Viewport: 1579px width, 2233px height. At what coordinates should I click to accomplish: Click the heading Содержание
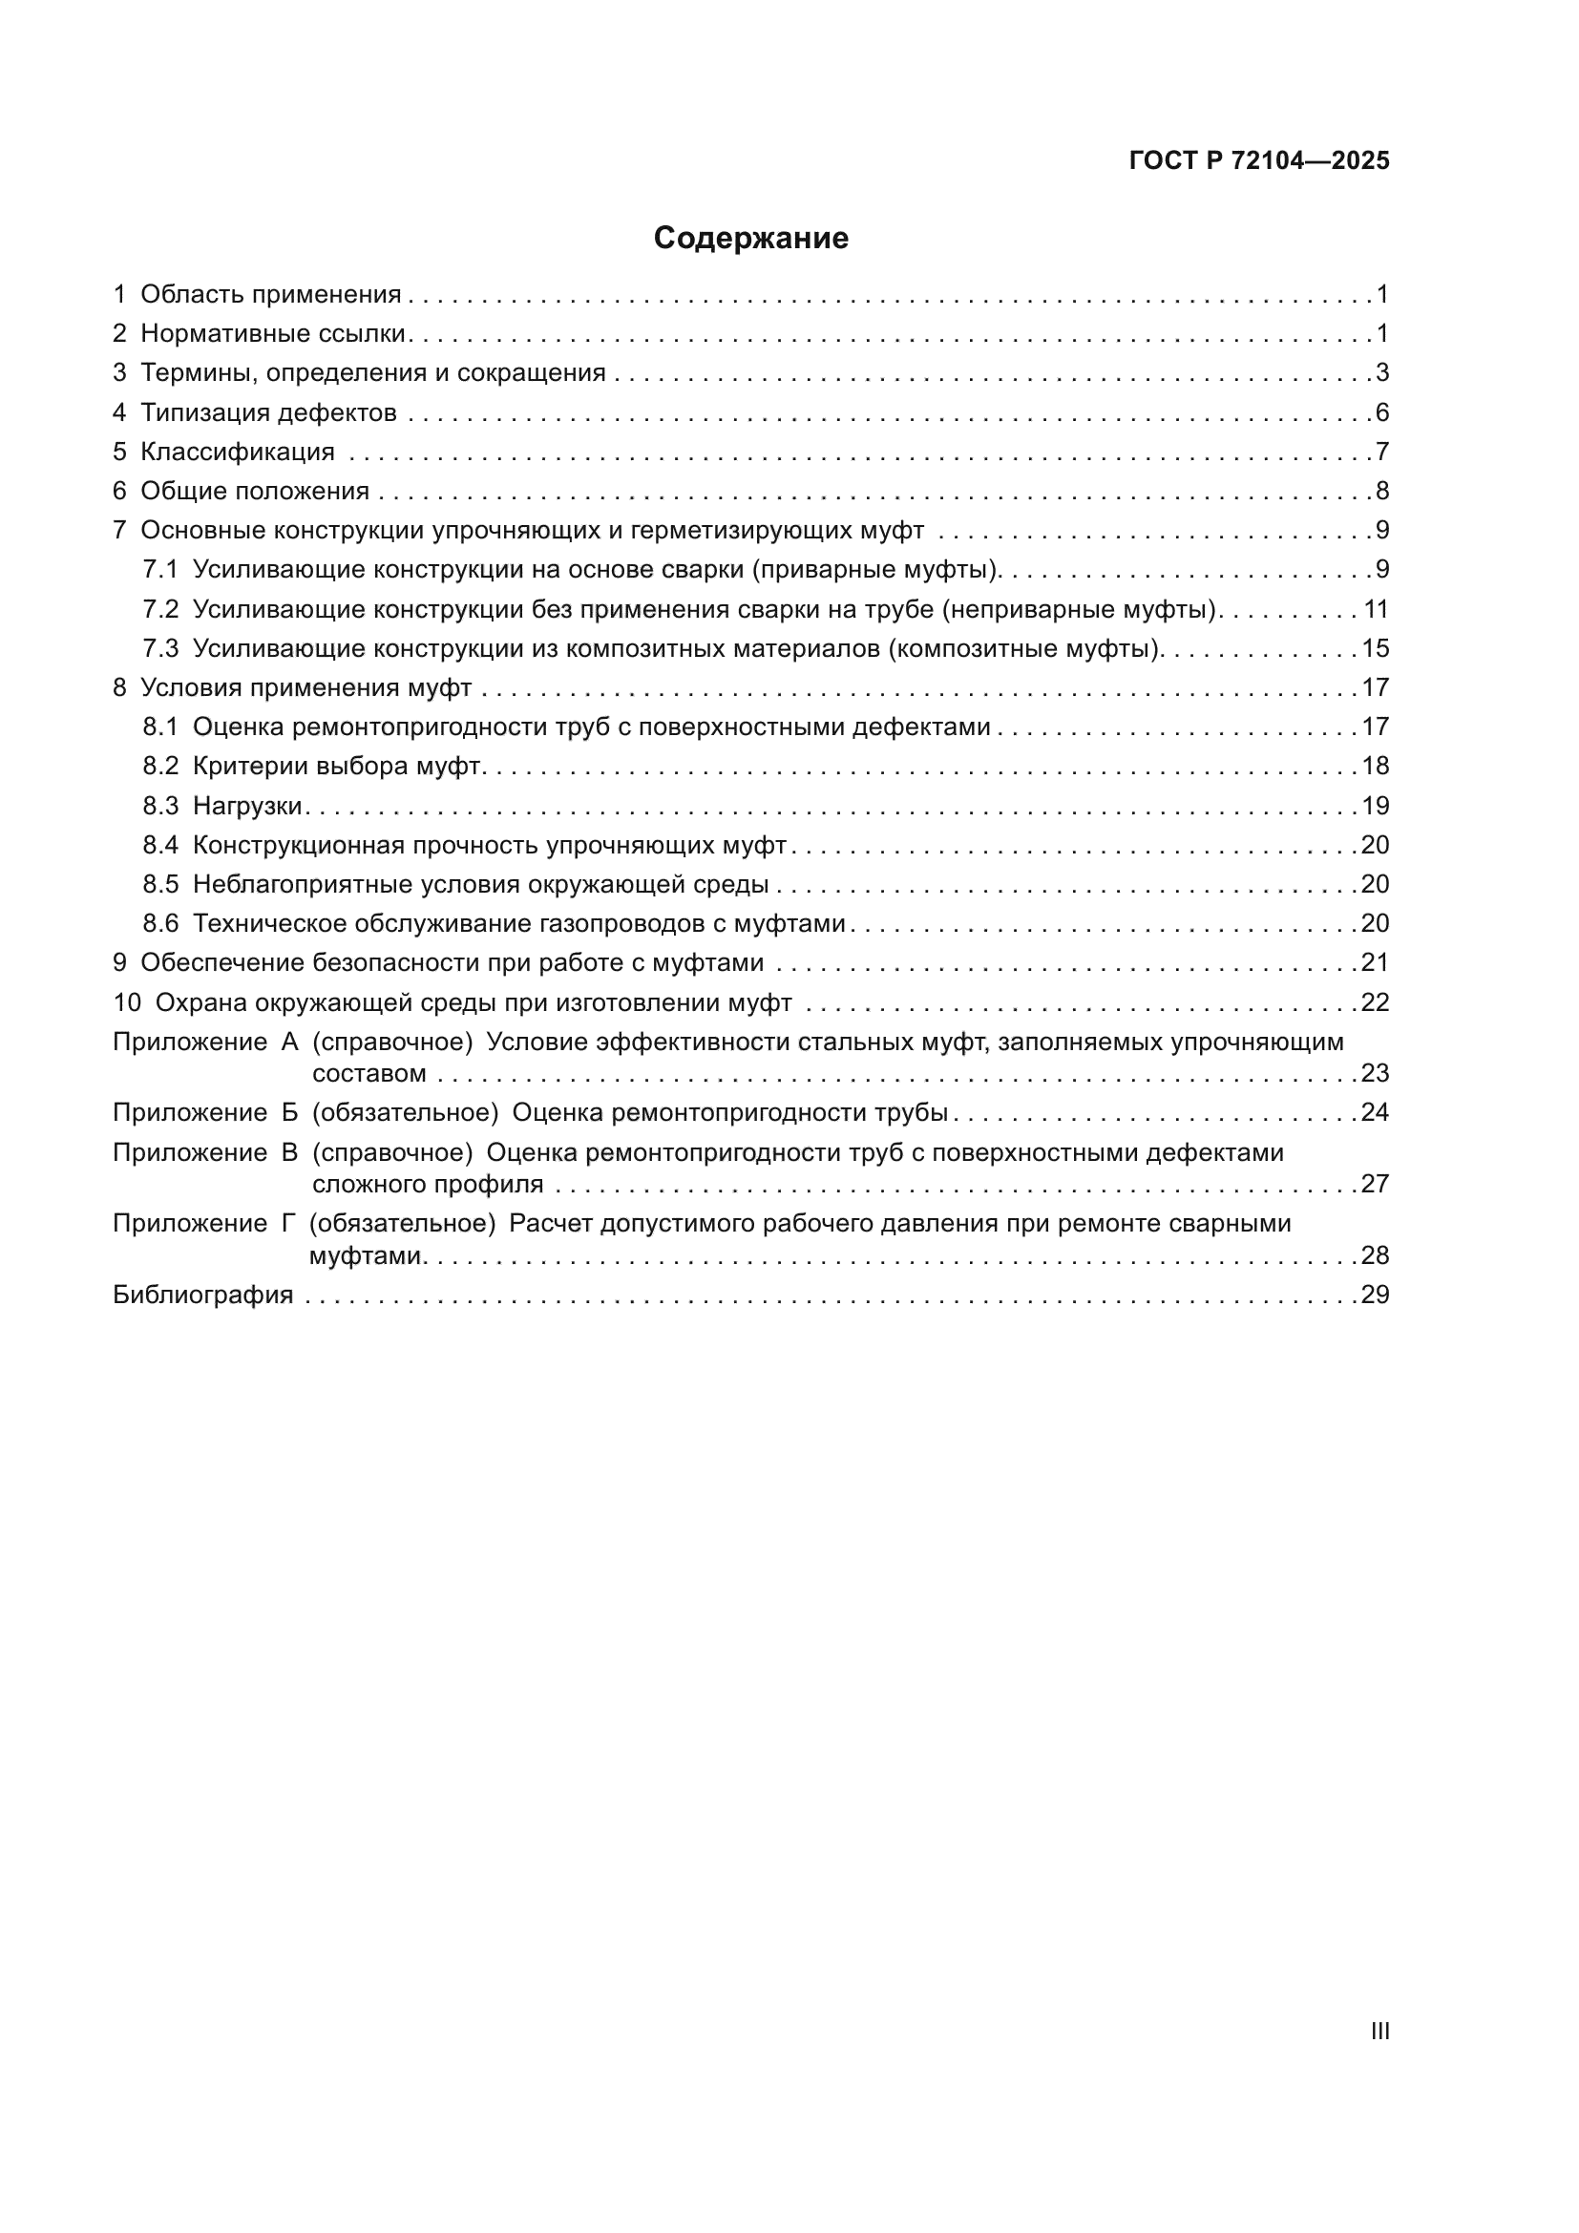[x=750, y=238]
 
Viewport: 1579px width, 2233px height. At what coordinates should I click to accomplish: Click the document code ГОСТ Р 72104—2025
[x=1259, y=160]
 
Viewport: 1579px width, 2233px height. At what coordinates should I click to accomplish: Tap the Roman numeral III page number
[x=1379, y=2031]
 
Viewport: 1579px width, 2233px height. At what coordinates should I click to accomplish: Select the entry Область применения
[x=270, y=294]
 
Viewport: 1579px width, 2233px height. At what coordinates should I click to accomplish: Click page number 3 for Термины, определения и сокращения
[x=1381, y=372]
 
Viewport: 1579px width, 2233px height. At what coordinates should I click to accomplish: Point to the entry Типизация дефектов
[x=268, y=412]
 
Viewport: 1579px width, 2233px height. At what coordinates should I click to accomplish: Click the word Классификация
[x=238, y=452]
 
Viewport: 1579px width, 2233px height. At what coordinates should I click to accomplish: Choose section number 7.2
[x=160, y=609]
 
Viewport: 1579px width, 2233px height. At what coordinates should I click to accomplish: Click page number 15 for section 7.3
[x=1375, y=647]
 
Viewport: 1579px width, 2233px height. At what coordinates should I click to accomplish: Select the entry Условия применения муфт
[x=305, y=687]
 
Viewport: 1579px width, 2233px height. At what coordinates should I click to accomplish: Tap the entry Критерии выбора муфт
[x=336, y=766]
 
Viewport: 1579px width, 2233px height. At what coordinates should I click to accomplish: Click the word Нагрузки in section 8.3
[x=248, y=806]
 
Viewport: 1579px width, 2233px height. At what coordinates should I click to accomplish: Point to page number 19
[x=1375, y=806]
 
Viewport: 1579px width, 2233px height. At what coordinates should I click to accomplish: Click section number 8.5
[x=160, y=884]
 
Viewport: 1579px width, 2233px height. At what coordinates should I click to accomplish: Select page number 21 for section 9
[x=1375, y=962]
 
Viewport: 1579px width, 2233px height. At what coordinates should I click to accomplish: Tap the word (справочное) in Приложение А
[x=392, y=1042]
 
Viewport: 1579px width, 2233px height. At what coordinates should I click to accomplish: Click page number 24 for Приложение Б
[x=1375, y=1111]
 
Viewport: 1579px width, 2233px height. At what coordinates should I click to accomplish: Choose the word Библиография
[x=202, y=1295]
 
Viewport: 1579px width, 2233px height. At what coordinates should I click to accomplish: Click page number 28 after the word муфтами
[x=1375, y=1254]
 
